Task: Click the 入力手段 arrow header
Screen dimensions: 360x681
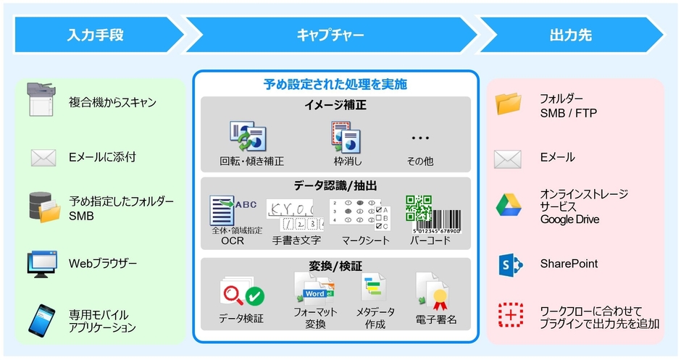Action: [x=98, y=35]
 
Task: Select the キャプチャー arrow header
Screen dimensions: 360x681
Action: [x=330, y=35]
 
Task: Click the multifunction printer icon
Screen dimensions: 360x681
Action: [x=41, y=100]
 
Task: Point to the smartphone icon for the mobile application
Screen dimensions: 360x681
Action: [x=41, y=320]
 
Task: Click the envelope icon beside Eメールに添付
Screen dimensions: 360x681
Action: [x=41, y=157]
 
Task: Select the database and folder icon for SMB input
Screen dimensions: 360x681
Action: [x=43, y=207]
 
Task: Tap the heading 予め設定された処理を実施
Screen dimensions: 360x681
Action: [x=335, y=84]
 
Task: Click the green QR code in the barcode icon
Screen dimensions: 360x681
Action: [x=418, y=208]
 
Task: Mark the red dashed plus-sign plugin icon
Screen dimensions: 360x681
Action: [x=510, y=315]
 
